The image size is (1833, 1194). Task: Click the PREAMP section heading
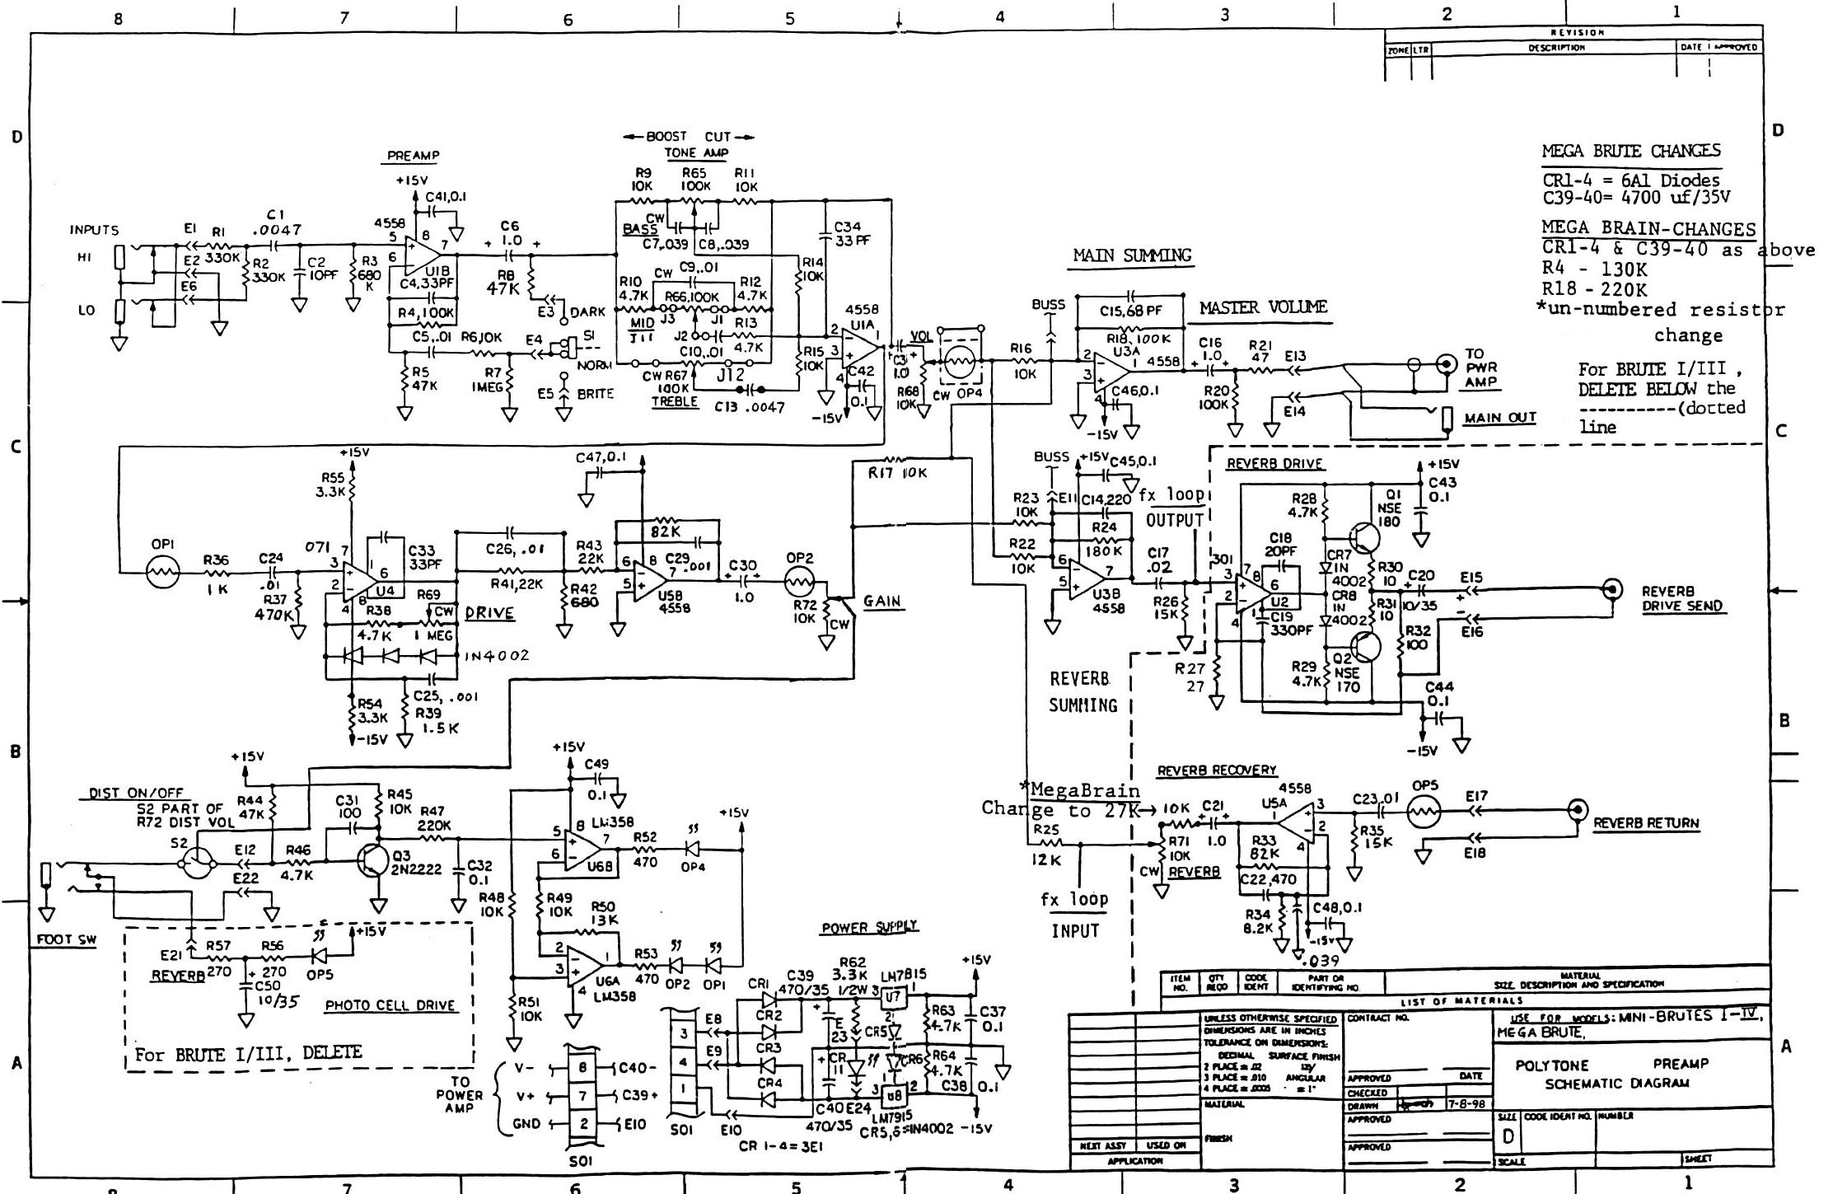(x=414, y=155)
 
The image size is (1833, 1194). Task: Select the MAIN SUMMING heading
(x=1132, y=255)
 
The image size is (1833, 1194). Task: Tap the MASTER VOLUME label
(x=1263, y=308)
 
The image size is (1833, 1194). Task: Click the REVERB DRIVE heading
(x=1274, y=464)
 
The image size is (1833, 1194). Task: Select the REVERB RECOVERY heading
(x=1217, y=770)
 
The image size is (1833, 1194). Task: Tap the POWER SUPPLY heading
(x=869, y=927)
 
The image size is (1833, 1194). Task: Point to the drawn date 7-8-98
(x=1466, y=1104)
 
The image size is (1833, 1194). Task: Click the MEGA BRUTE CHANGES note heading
(x=1630, y=152)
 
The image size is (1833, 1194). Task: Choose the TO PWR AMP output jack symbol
(x=1444, y=363)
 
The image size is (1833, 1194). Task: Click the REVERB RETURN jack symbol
(x=1578, y=809)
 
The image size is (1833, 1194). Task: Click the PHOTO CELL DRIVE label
(x=390, y=1005)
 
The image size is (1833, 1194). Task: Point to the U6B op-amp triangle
(x=582, y=845)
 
